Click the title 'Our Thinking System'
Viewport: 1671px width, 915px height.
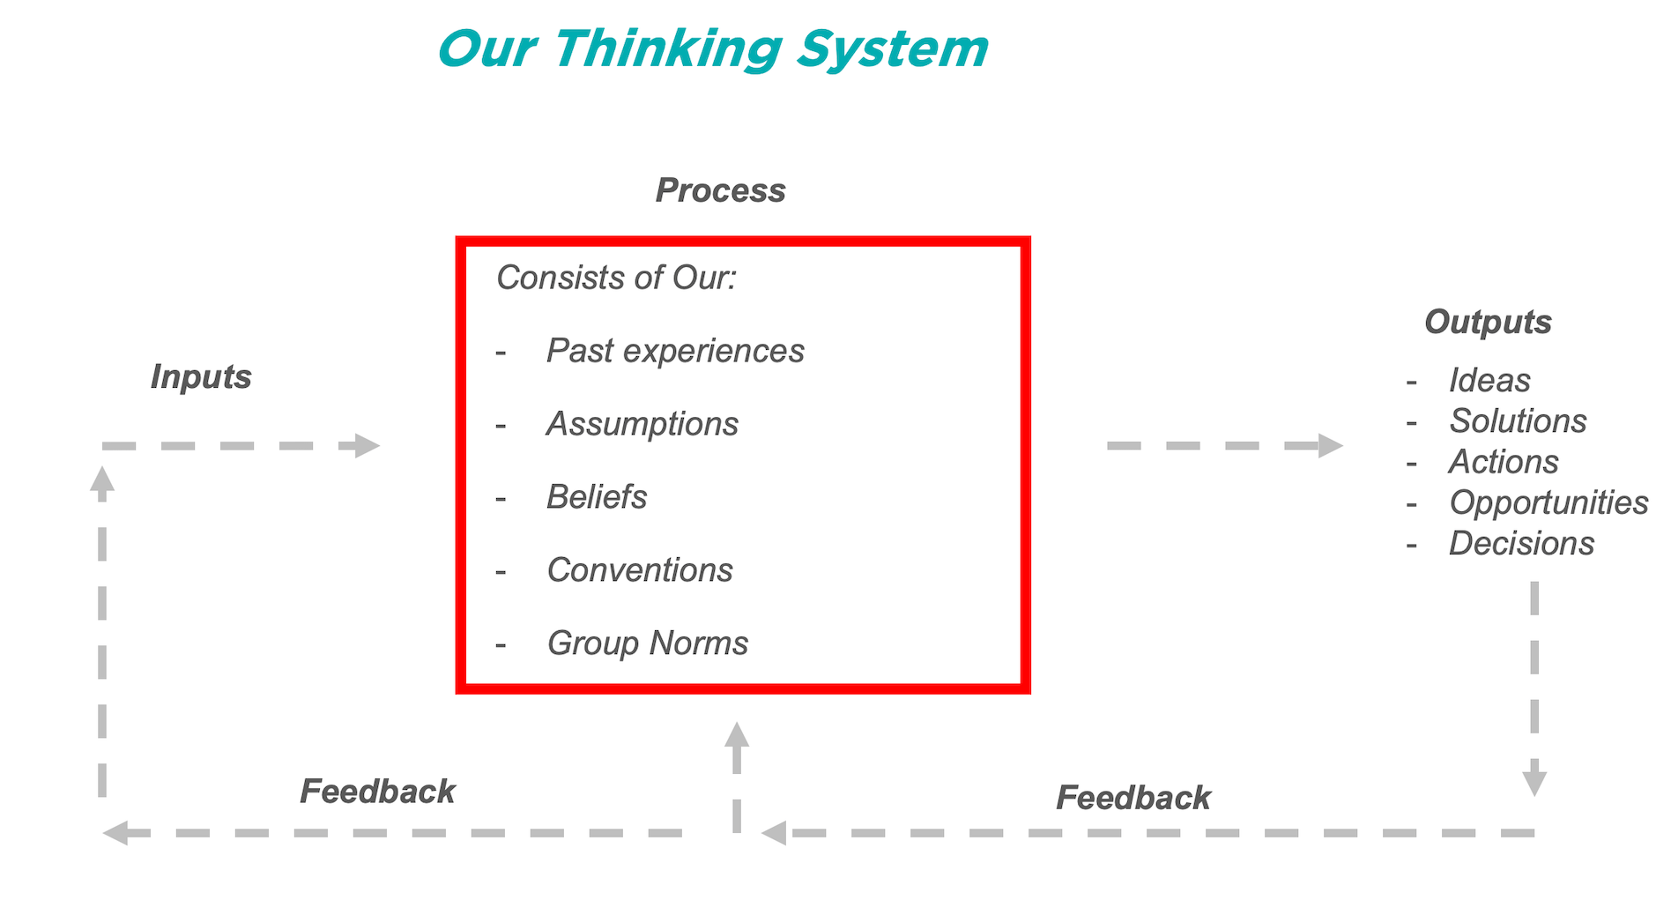coord(712,48)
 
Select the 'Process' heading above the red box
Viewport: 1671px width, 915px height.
coord(720,190)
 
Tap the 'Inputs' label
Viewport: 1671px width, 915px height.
coord(201,376)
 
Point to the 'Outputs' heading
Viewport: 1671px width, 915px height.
coord(1488,322)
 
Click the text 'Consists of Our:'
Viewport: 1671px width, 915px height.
coord(616,278)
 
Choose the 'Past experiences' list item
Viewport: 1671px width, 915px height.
coord(675,351)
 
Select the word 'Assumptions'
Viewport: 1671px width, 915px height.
coord(642,424)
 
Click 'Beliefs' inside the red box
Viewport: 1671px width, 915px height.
coord(597,497)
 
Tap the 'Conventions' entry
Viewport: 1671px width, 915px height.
coord(640,570)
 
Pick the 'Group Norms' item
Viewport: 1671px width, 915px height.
coord(648,643)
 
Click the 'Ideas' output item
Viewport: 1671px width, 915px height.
coord(1489,381)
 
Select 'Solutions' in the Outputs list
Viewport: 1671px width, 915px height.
coord(1518,421)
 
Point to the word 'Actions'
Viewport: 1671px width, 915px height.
coord(1504,462)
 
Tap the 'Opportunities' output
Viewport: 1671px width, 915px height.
coord(1548,502)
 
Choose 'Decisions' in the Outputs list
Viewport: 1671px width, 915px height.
coord(1521,544)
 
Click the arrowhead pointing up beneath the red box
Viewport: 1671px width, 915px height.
coord(737,735)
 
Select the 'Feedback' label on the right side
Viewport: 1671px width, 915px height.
coord(1133,798)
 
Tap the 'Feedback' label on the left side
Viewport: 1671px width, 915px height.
coord(377,792)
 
